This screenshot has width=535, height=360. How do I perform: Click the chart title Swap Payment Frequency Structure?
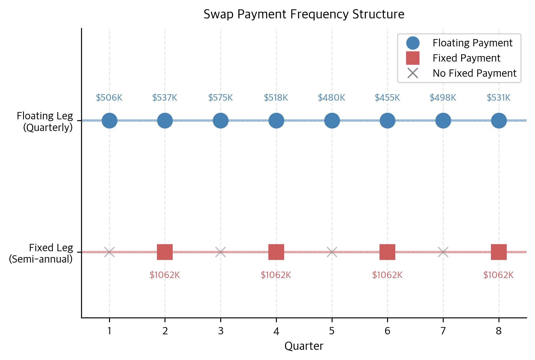(304, 14)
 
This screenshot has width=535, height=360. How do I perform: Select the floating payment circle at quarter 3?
(221, 120)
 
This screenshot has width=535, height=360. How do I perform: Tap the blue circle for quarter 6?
(387, 120)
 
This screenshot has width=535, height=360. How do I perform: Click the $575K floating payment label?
(221, 98)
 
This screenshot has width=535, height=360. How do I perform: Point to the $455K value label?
(387, 98)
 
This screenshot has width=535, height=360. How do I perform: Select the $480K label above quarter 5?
(332, 98)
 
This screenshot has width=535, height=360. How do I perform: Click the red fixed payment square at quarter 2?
(165, 252)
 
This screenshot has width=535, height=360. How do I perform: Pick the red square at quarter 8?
(499, 252)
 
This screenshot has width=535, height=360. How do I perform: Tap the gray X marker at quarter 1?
(109, 252)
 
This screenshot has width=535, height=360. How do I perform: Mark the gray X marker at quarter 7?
(443, 252)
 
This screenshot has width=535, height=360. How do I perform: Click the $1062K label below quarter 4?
(276, 275)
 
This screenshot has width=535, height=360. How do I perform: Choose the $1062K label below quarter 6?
(387, 275)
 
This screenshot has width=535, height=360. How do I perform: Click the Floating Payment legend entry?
(472, 43)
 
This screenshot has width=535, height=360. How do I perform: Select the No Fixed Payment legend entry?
(474, 73)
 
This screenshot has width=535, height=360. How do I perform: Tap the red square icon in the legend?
(413, 58)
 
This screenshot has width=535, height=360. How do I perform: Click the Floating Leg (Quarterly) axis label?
(45, 122)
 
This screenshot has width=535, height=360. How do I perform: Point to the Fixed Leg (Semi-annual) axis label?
(41, 253)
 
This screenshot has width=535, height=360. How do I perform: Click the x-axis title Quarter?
(304, 346)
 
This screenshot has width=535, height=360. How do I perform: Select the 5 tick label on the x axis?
(332, 331)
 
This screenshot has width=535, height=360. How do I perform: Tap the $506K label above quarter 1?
(109, 98)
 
